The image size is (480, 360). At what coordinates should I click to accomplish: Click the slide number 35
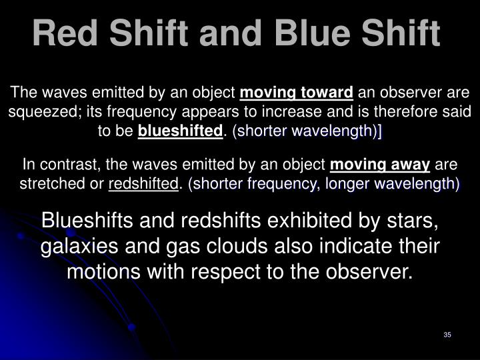pyautogui.click(x=447, y=334)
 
